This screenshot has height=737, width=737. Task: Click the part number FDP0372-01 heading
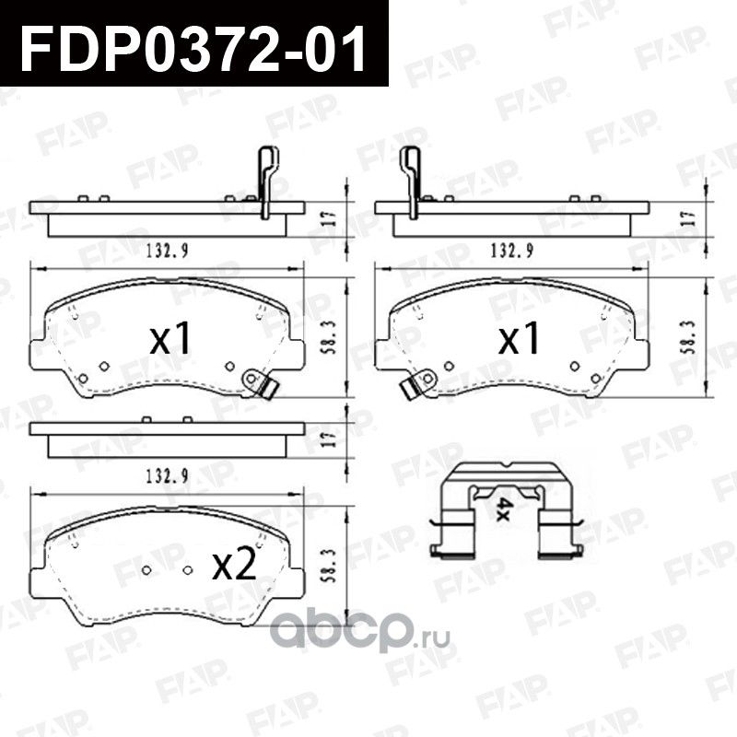click(x=193, y=46)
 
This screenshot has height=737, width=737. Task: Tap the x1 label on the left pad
click(x=171, y=340)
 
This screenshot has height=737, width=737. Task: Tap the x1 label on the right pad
click(x=519, y=340)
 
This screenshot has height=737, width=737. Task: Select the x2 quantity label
click(x=232, y=563)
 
